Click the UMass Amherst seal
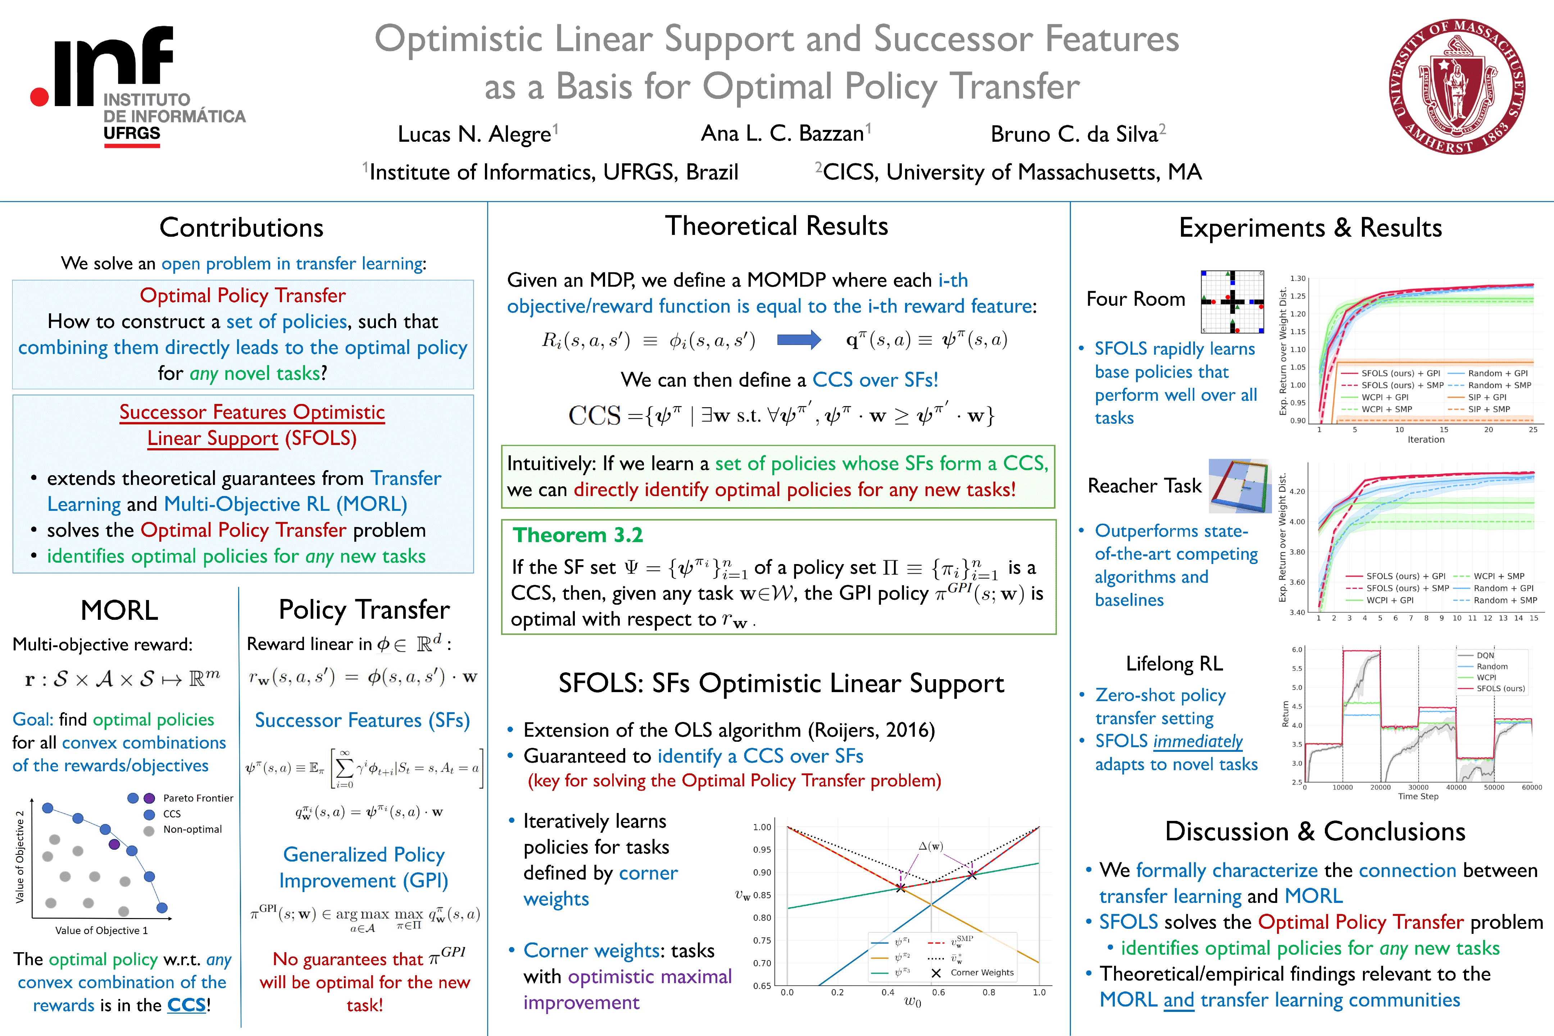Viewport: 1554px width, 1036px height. pyautogui.click(x=1457, y=87)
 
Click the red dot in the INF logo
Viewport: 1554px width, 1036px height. pyautogui.click(x=40, y=96)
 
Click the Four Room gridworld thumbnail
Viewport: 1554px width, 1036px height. pyautogui.click(x=1232, y=301)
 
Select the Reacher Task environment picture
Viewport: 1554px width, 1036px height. pyautogui.click(x=1240, y=486)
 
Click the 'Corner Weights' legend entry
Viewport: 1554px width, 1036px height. pyautogui.click(x=981, y=973)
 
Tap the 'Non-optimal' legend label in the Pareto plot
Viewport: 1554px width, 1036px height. pyautogui.click(x=192, y=829)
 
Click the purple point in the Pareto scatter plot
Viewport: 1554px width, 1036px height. pyautogui.click(x=114, y=844)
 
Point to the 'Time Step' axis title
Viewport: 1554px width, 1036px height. pyautogui.click(x=1418, y=796)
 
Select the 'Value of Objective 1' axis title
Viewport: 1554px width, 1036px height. pyautogui.click(x=101, y=930)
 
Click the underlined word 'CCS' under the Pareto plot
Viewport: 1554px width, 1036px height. pyautogui.click(x=186, y=1005)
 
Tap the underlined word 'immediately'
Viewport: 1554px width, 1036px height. pyautogui.click(x=1197, y=741)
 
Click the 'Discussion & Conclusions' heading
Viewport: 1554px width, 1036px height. pyautogui.click(x=1315, y=831)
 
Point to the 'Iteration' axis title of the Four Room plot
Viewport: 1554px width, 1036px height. pyautogui.click(x=1426, y=439)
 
